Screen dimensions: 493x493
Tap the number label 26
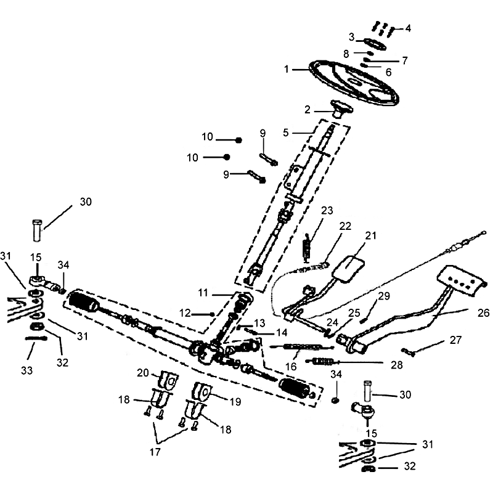[x=483, y=313]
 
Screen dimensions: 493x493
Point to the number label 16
[x=291, y=366]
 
